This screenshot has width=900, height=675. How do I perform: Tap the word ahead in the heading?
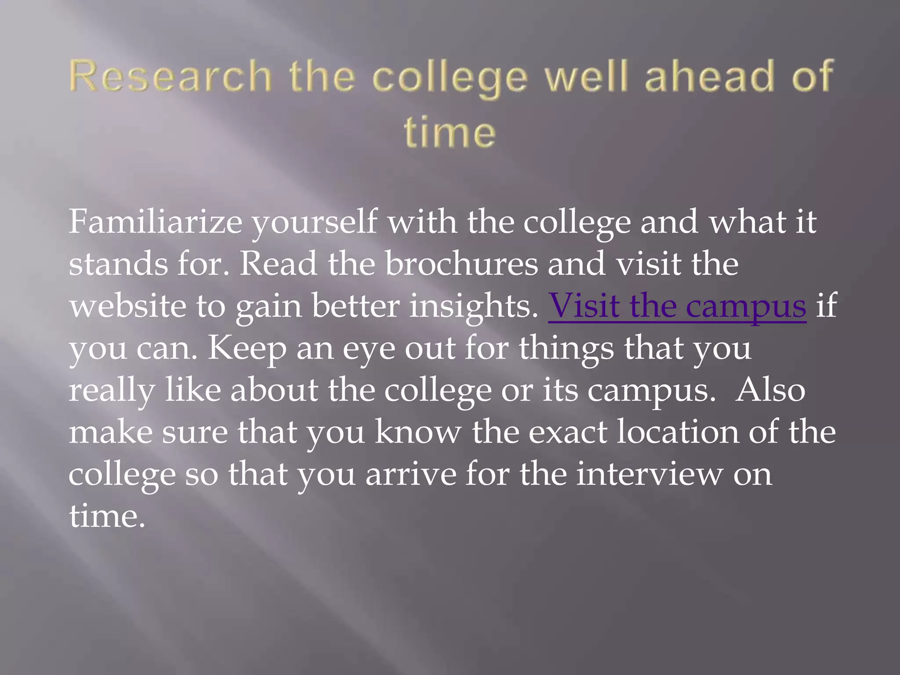(x=708, y=76)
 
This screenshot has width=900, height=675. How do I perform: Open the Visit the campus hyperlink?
(x=677, y=306)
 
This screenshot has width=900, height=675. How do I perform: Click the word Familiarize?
(x=155, y=221)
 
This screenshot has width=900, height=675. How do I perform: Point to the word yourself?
(x=314, y=222)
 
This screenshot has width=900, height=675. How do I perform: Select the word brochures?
(x=461, y=264)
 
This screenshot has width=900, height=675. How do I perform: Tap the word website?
(x=127, y=306)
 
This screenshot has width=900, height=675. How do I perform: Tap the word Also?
(x=770, y=389)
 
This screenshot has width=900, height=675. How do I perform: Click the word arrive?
(x=411, y=474)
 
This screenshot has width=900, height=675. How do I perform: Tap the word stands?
(x=118, y=264)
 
